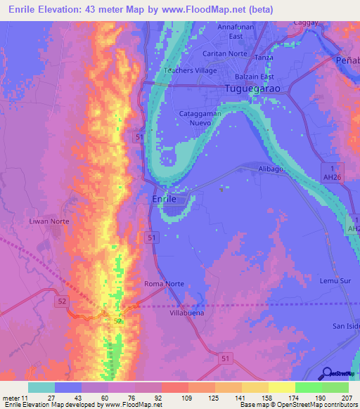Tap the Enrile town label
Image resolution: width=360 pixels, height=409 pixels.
pyautogui.click(x=169, y=200)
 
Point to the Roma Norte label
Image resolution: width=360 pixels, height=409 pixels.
pyautogui.click(x=164, y=284)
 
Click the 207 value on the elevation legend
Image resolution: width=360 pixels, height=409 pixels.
pyautogui.click(x=349, y=398)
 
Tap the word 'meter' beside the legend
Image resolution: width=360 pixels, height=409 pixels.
pyautogui.click(x=13, y=398)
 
